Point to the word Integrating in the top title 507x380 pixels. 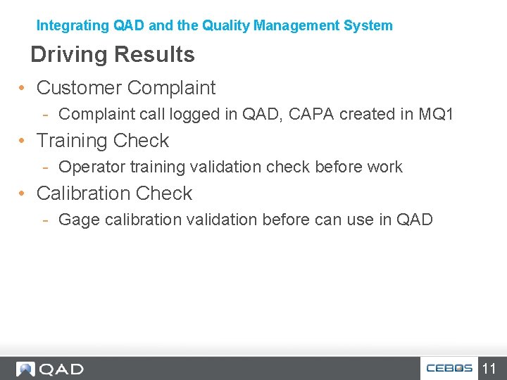(x=73, y=26)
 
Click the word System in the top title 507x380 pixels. (x=368, y=26)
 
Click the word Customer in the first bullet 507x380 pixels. (x=79, y=88)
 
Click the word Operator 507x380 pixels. (x=87, y=167)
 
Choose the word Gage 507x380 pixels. (x=78, y=220)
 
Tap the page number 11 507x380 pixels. (x=489, y=368)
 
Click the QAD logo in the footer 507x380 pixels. (x=51, y=369)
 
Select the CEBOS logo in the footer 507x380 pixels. (x=449, y=368)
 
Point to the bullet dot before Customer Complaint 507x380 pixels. (x=23, y=89)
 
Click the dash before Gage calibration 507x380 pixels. (x=45, y=220)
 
